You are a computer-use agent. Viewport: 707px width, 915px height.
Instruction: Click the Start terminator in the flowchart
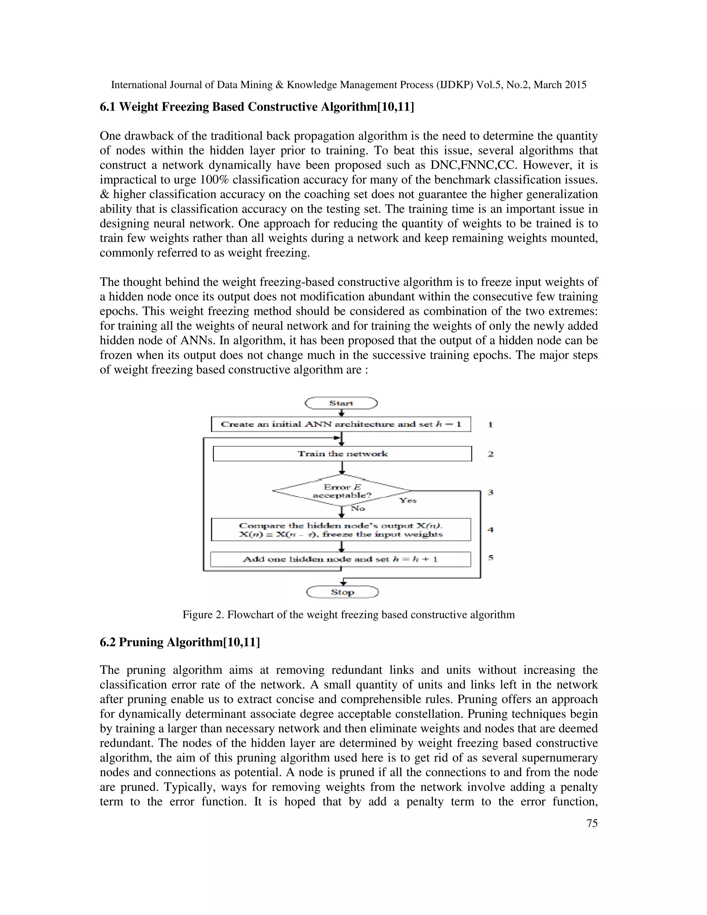point(341,403)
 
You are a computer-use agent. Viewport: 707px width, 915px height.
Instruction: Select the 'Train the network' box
point(342,454)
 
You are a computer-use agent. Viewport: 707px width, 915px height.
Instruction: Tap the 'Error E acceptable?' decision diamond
point(342,491)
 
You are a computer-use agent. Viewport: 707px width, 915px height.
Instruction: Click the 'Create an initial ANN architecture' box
point(341,424)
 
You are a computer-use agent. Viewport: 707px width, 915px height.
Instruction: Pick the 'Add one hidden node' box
point(340,559)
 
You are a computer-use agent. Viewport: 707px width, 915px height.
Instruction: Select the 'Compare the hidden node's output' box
point(341,530)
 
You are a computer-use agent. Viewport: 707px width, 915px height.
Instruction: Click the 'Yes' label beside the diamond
point(408,501)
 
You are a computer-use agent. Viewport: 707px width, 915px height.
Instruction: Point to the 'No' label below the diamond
point(358,508)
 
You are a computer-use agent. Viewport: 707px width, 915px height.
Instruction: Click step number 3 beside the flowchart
point(491,492)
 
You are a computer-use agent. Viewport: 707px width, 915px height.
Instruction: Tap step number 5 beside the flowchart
point(491,558)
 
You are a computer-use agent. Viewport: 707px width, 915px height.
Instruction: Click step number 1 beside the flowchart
point(491,424)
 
